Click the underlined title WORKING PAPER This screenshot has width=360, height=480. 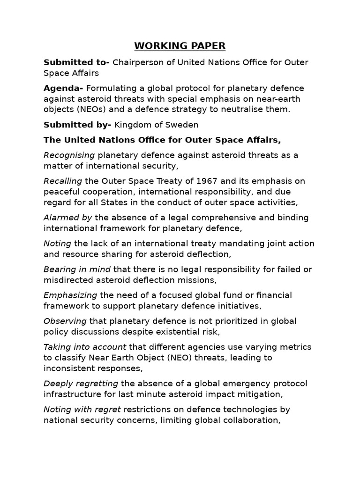coord(180,46)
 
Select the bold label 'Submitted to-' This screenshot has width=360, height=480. coord(76,63)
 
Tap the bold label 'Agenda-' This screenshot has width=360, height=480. coord(63,89)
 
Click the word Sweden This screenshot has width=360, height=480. coord(183,125)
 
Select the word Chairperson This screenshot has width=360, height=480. coord(135,63)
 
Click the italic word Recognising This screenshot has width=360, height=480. coord(69,155)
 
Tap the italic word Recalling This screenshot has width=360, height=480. coord(63,181)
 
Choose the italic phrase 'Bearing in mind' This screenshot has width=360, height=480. coord(77,270)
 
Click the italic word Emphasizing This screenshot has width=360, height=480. coord(70,295)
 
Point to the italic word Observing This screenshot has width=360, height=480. coord(65,321)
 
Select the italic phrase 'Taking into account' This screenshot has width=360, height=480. coord(85,347)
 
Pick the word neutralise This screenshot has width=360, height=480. coord(249,109)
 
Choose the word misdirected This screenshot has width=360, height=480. coord(66,280)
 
